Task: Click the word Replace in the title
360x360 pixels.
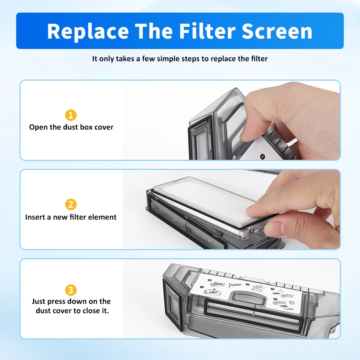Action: [x=88, y=31]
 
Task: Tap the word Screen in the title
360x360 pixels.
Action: [x=277, y=31]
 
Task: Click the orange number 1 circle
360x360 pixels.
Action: [x=71, y=115]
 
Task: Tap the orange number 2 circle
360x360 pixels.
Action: [x=71, y=205]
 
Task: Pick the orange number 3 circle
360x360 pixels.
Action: [x=71, y=290]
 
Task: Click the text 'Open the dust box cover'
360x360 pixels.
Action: [x=71, y=127]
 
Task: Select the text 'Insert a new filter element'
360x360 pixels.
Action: [x=71, y=217]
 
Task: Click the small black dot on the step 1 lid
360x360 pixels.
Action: [x=262, y=157]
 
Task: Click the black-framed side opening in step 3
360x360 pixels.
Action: [x=171, y=302]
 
